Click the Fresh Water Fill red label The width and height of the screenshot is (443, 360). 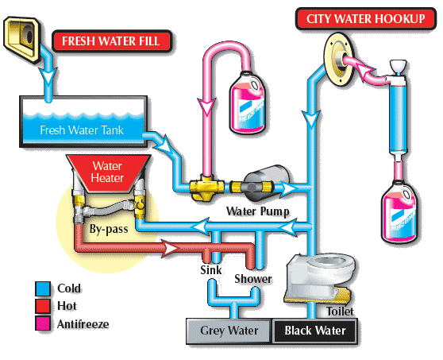pyautogui.click(x=108, y=41)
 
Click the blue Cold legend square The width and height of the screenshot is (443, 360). pyautogui.click(x=43, y=288)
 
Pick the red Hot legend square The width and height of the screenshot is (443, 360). pyautogui.click(x=43, y=305)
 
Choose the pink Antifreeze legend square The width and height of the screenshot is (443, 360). pyautogui.click(x=43, y=323)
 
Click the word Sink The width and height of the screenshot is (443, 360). pyautogui.click(x=211, y=270)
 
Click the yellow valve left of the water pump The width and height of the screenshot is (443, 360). pyautogui.click(x=205, y=188)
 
